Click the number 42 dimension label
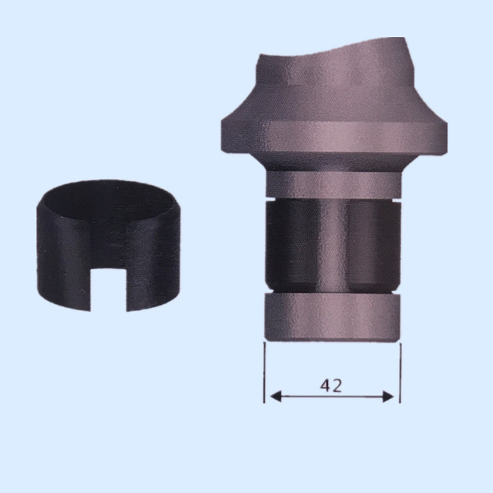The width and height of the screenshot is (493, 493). click(x=331, y=385)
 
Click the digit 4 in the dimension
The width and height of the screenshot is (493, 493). click(x=325, y=385)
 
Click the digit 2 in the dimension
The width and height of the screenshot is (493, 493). click(x=337, y=386)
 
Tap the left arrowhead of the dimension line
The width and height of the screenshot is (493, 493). click(x=275, y=397)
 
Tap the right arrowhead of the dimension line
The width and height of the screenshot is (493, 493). click(x=388, y=397)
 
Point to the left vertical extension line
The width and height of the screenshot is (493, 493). click(x=265, y=372)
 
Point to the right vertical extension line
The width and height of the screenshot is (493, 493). click(x=400, y=373)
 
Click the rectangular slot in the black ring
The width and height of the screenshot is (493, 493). click(x=108, y=290)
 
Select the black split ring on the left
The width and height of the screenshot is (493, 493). click(x=108, y=246)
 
